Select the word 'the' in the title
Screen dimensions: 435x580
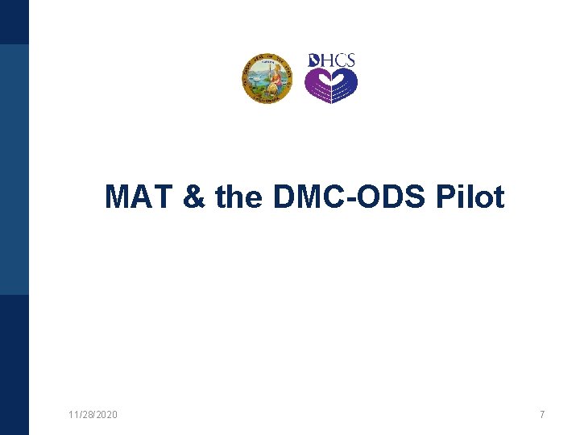click(238, 197)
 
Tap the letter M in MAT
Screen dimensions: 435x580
click(119, 197)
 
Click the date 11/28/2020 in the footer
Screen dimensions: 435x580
click(93, 414)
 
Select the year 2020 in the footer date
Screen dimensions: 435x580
click(106, 414)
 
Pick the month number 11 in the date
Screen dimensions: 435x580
click(73, 414)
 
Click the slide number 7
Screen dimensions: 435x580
click(542, 414)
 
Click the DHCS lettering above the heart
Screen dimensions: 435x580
click(332, 61)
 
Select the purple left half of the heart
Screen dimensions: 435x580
click(317, 85)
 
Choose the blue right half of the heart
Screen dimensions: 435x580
click(345, 85)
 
